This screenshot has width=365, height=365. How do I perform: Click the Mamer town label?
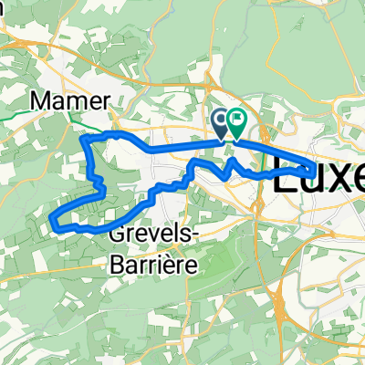tap(70, 99)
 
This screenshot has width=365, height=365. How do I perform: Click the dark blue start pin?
tap(222, 121)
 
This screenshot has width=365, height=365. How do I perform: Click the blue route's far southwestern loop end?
tap(52, 219)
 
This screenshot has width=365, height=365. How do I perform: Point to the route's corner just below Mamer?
tap(85, 139)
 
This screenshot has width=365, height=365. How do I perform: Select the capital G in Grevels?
tap(117, 235)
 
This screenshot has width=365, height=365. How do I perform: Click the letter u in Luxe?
tap(309, 180)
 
